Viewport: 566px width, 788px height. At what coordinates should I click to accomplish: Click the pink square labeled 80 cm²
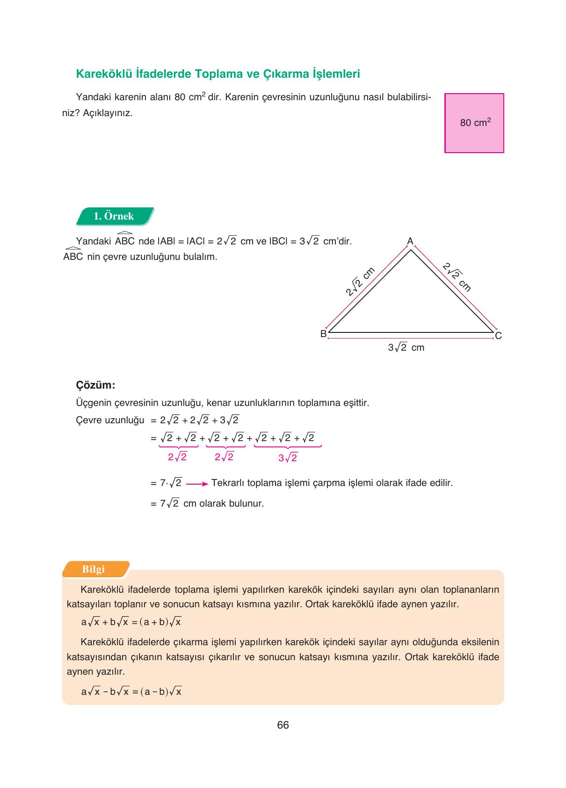pyautogui.click(x=474, y=123)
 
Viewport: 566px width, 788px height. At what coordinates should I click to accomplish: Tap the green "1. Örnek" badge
pyautogui.click(x=114, y=216)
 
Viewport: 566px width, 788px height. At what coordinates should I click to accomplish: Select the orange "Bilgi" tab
pyautogui.click(x=94, y=569)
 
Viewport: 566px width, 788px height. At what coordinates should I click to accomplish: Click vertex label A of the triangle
pyautogui.click(x=410, y=241)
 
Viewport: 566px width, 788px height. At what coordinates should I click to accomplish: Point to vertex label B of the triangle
pyautogui.click(x=323, y=334)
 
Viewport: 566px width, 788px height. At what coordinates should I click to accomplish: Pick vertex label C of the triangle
pyautogui.click(x=498, y=336)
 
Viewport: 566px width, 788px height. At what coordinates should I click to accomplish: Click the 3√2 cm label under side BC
pyautogui.click(x=406, y=347)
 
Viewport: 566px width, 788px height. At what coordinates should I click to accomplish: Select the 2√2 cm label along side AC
pyautogui.click(x=457, y=277)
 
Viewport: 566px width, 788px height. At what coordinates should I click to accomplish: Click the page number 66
pyautogui.click(x=283, y=725)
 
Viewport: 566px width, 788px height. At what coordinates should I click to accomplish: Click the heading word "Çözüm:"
pyautogui.click(x=95, y=385)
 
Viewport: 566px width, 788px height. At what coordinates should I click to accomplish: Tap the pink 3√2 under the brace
pyautogui.click(x=288, y=458)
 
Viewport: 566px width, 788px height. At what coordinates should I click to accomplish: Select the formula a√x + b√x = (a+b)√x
pyautogui.click(x=131, y=622)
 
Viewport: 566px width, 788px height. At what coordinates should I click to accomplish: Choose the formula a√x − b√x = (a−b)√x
pyautogui.click(x=131, y=692)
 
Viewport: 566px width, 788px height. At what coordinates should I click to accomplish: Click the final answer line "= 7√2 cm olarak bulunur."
pyautogui.click(x=207, y=504)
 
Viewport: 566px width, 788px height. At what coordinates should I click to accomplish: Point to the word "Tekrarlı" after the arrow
pyautogui.click(x=228, y=483)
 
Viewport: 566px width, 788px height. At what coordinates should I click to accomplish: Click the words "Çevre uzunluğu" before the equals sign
pyautogui.click(x=110, y=420)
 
